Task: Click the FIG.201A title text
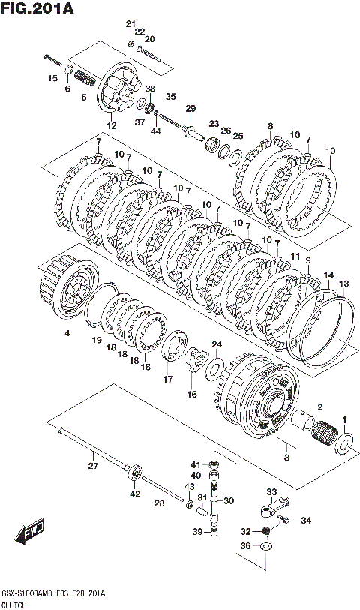37,8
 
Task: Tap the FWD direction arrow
31,532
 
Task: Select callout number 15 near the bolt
52,78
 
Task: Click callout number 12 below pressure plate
111,125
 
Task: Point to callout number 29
190,108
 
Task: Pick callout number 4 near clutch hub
67,333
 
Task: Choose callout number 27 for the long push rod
93,465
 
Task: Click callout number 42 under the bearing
135,494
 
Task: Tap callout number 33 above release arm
271,492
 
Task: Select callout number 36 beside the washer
245,546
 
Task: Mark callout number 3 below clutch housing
286,458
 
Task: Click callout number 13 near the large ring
344,283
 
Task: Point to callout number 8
271,125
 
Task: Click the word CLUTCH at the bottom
14,605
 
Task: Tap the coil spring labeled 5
85,78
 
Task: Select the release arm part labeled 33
274,508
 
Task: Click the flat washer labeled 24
214,367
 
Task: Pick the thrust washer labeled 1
343,443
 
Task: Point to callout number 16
192,395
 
